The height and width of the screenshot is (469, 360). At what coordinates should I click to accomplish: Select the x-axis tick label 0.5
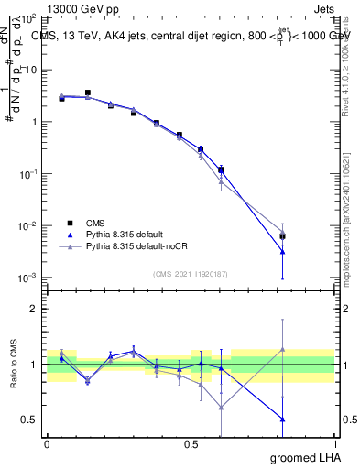click(191, 443)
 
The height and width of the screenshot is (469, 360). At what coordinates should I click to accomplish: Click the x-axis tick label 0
click(47, 443)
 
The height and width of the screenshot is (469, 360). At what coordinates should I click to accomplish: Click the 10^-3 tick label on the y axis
click(28, 278)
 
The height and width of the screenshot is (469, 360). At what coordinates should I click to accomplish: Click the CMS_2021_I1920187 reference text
click(190, 272)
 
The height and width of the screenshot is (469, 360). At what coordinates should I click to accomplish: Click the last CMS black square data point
click(282, 236)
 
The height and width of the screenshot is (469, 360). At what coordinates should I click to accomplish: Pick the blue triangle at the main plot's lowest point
click(282, 251)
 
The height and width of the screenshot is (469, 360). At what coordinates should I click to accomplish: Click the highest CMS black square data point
click(88, 93)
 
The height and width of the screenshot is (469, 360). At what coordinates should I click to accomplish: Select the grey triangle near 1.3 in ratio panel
click(282, 349)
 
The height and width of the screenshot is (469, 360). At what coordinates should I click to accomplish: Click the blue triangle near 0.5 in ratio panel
click(282, 419)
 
